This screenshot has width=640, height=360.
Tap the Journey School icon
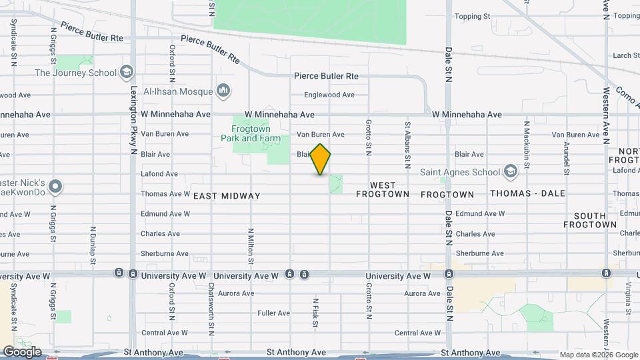[x=126, y=73]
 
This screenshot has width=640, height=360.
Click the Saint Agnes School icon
[x=511, y=172]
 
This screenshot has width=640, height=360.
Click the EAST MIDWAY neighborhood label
[x=227, y=196]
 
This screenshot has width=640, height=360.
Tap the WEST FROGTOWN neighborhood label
[x=376, y=190]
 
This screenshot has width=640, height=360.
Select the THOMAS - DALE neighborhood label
[x=527, y=194]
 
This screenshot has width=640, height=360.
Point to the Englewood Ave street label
[x=329, y=95]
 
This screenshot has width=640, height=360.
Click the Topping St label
[x=472, y=16]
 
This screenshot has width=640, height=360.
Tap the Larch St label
[x=626, y=55]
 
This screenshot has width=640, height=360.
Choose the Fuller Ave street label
[x=273, y=313]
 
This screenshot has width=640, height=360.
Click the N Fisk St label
[x=315, y=308]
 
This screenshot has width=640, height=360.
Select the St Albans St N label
[x=407, y=144]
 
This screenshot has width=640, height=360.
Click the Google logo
[x=22, y=352]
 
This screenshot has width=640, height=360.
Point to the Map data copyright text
[x=598, y=355]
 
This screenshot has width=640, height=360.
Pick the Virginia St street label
[x=628, y=298]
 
